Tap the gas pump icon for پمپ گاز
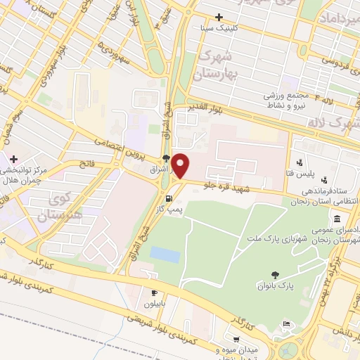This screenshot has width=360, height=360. [167, 198]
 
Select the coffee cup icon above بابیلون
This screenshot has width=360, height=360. [154, 292]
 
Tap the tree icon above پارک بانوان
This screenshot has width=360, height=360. [275, 274]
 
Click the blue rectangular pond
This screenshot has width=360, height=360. [165, 255]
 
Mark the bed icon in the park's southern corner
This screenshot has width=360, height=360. [288, 324]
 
